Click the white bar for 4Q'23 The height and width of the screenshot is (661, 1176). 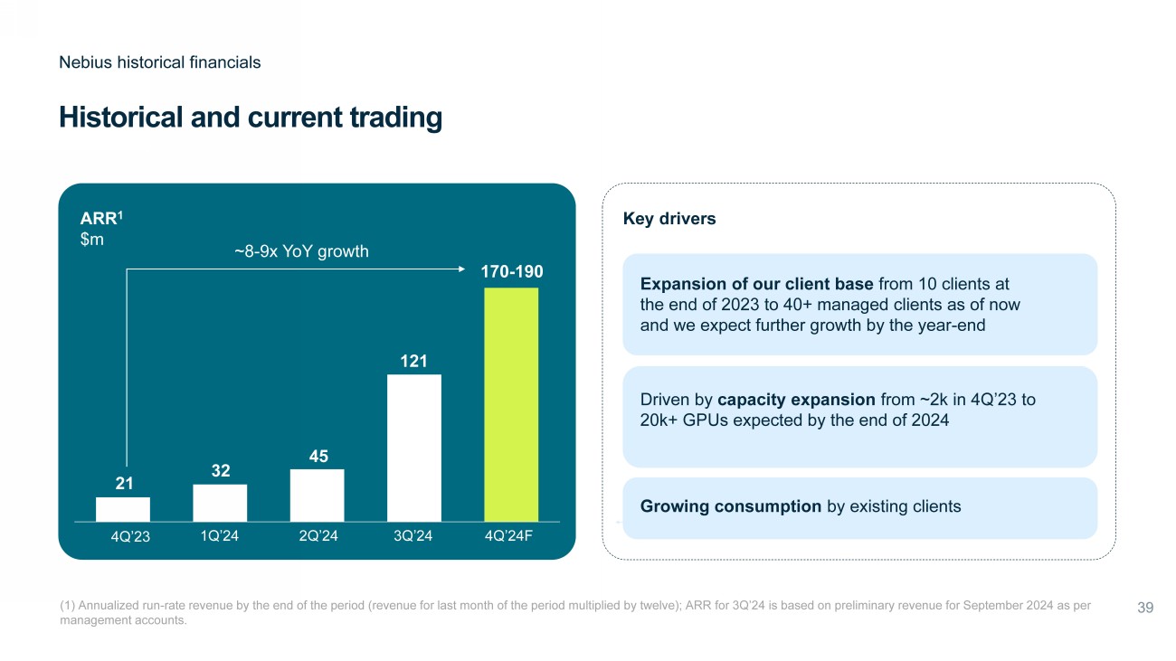click(x=123, y=509)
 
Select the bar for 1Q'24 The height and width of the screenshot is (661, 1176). click(x=220, y=503)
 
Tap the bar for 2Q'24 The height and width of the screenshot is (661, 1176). click(x=317, y=496)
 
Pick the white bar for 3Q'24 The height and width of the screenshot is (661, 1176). click(x=414, y=448)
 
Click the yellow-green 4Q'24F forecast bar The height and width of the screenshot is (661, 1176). click(x=511, y=404)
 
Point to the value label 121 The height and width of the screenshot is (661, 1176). click(x=414, y=362)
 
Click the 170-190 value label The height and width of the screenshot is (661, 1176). click(x=511, y=271)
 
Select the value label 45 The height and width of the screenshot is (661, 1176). click(x=318, y=457)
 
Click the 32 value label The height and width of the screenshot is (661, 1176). click(x=221, y=471)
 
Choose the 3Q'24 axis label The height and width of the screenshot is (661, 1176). click(x=414, y=535)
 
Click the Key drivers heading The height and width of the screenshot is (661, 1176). click(x=669, y=219)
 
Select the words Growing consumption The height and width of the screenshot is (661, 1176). click(x=731, y=506)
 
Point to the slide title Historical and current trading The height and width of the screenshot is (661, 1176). click(x=251, y=118)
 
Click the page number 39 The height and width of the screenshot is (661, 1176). click(x=1144, y=608)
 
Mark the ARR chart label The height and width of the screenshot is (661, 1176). click(x=96, y=218)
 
